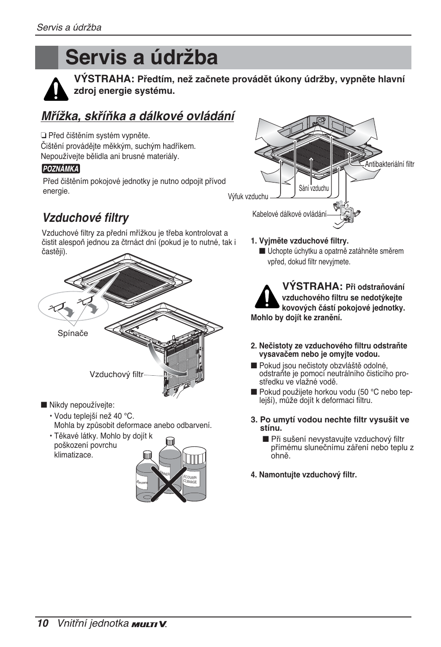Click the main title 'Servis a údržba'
[x=141, y=58]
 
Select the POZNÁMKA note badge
[x=61, y=169]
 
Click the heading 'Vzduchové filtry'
[x=86, y=218]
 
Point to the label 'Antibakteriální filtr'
[x=389, y=164]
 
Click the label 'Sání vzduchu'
[x=313, y=188]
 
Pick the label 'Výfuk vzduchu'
[x=248, y=196]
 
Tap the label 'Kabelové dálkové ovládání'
[x=289, y=214]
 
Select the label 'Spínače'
[x=73, y=333]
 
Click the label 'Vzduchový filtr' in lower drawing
[x=116, y=374]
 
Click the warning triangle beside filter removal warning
[x=266, y=297]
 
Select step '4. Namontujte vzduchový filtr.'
[x=304, y=475]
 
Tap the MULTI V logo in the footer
[x=149, y=624]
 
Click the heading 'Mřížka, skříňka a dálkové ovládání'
[x=138, y=116]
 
